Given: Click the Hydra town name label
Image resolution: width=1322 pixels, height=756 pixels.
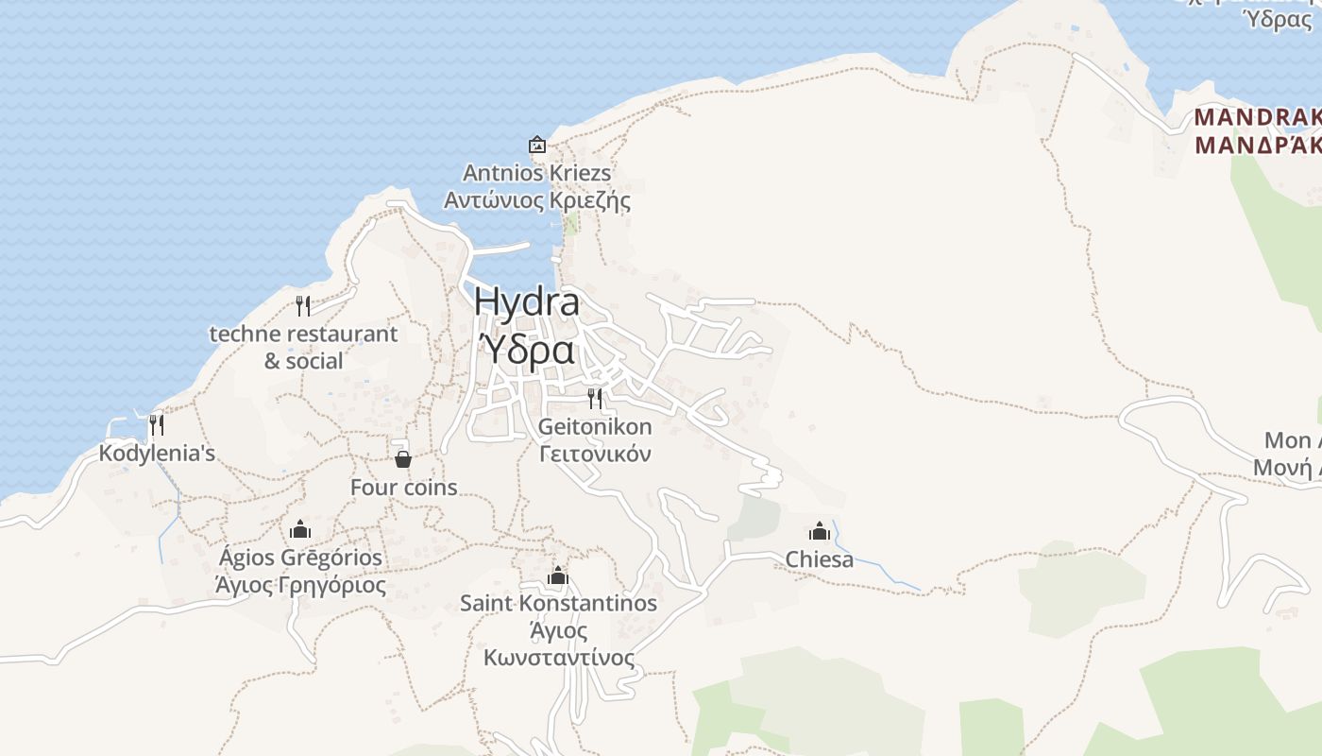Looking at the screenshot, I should coord(526,301).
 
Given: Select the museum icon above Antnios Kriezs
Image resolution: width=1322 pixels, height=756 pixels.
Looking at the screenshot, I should coord(537,145).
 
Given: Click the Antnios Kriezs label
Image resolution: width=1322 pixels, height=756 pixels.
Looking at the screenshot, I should coord(536,173).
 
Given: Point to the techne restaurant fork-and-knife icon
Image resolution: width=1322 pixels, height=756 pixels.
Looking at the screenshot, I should coord(303,305).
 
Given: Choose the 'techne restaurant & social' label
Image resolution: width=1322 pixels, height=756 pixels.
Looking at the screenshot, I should coord(303,347).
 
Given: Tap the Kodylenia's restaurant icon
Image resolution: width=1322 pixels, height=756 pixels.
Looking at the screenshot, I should coord(157,425).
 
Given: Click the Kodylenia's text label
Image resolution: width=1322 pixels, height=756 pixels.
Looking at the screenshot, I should coord(157,454).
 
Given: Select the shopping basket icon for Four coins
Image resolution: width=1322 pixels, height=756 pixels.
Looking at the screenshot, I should coord(403,459).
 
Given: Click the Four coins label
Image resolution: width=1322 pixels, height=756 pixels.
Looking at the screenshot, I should coord(403,488).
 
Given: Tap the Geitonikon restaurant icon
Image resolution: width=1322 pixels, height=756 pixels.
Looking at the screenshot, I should coord(595,398).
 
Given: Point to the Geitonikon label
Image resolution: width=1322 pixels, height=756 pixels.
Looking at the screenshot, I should coord(595,426).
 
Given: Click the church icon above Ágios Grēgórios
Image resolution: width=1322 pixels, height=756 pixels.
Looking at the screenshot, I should coord(300,529).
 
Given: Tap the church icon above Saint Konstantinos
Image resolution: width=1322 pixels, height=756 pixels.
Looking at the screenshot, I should coord(558,576).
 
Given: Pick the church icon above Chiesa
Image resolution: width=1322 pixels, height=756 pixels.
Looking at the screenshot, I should coord(820,531).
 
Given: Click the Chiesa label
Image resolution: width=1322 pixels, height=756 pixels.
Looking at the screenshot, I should coord(820,559).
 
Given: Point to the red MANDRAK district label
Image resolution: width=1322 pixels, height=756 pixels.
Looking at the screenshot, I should coord(1257,118).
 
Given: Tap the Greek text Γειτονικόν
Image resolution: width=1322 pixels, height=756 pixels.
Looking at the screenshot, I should coord(595,454).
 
